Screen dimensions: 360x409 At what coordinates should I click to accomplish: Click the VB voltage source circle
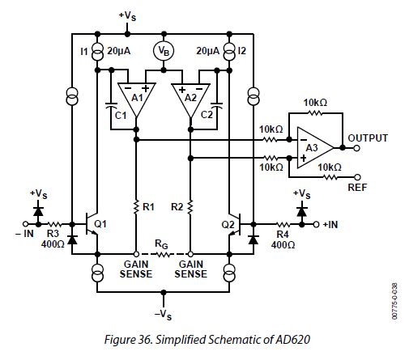click(x=164, y=51)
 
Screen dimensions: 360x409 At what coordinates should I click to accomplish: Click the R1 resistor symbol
click(x=135, y=207)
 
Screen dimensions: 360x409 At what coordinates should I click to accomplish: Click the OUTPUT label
click(x=368, y=138)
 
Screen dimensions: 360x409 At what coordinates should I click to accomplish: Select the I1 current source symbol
click(x=97, y=52)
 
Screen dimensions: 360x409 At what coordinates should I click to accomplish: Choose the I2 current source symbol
click(x=230, y=52)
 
